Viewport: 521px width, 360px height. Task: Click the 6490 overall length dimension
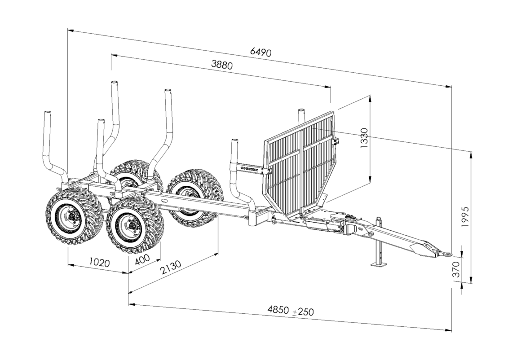click(261, 52)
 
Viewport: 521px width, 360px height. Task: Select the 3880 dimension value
click(222, 65)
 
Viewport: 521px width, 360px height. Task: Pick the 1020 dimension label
click(99, 263)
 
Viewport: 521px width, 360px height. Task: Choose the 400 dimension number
click(143, 259)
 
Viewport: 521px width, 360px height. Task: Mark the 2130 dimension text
click(171, 268)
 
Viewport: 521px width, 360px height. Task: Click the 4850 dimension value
click(278, 309)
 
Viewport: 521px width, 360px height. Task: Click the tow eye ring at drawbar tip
click(447, 254)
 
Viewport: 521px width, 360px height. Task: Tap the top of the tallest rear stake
click(115, 84)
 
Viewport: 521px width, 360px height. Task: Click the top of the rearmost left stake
click(48, 113)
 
